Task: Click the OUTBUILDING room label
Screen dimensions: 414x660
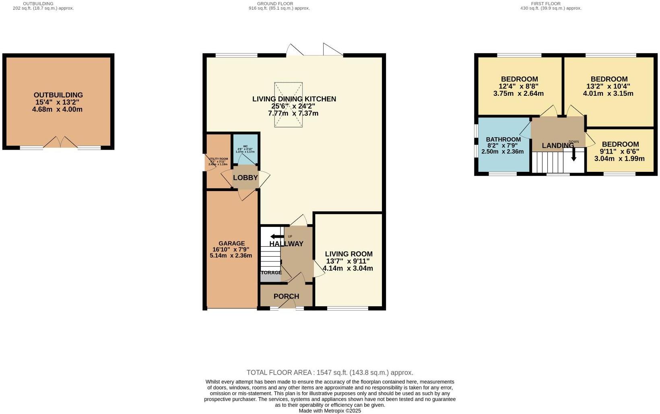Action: pyautogui.click(x=58, y=95)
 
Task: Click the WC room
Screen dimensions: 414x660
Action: pyautogui.click(x=246, y=148)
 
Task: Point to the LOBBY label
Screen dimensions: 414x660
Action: pyautogui.click(x=245, y=177)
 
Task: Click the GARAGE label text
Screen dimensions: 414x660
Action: pyautogui.click(x=231, y=243)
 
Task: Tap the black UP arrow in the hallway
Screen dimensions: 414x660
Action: pyautogui.click(x=277, y=236)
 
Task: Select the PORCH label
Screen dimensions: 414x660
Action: pyautogui.click(x=286, y=297)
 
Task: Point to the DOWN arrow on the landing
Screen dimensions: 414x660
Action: pyautogui.click(x=573, y=154)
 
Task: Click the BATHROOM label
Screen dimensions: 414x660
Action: pyautogui.click(x=503, y=139)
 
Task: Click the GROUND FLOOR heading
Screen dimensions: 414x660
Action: pyautogui.click(x=279, y=4)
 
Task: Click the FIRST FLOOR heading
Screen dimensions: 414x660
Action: pyautogui.click(x=551, y=4)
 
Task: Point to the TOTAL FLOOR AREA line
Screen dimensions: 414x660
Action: pyautogui.click(x=330, y=373)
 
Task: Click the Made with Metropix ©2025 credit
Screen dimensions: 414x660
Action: pyautogui.click(x=330, y=411)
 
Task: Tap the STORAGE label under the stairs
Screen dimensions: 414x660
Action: pyautogui.click(x=271, y=273)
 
